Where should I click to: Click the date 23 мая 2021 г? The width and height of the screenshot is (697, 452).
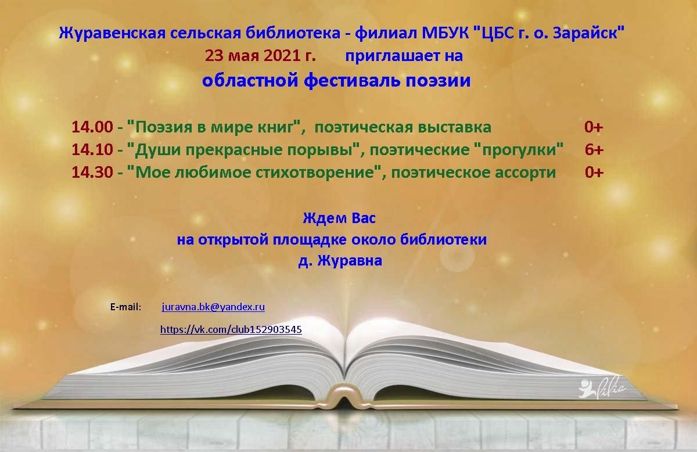click(260, 56)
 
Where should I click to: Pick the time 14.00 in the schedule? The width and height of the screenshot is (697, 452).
click(92, 127)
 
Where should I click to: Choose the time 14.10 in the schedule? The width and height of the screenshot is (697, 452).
click(92, 150)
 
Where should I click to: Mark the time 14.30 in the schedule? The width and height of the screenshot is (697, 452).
click(92, 173)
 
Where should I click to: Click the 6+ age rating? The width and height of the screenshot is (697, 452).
click(594, 150)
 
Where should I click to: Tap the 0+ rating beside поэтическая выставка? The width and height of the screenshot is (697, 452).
click(594, 127)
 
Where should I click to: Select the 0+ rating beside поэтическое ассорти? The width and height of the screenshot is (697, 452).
click(594, 173)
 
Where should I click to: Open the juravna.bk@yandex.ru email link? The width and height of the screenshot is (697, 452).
click(213, 307)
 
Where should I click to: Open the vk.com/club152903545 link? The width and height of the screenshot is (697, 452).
click(231, 329)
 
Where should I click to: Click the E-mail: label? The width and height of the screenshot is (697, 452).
click(125, 307)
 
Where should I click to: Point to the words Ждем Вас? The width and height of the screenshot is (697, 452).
click(339, 218)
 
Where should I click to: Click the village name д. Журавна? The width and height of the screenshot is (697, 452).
click(340, 260)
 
